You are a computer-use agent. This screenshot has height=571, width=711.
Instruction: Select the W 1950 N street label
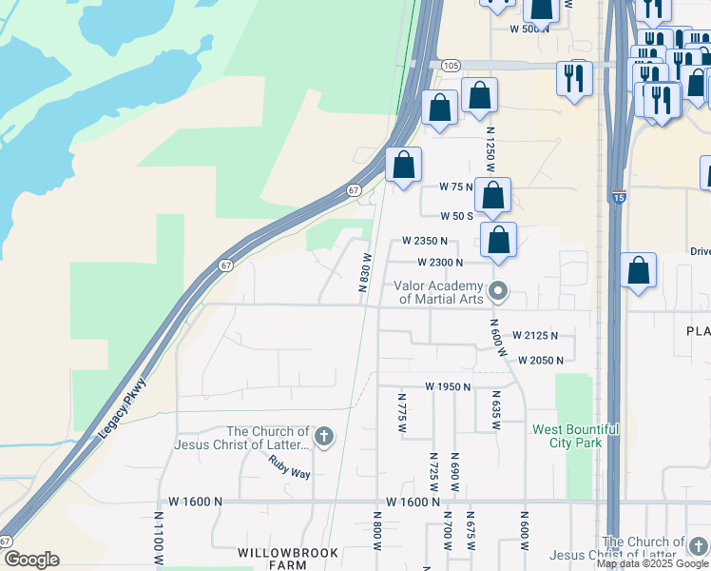(449, 386)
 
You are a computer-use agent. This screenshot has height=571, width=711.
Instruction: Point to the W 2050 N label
(541, 360)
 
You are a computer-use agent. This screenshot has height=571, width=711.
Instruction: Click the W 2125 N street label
(535, 335)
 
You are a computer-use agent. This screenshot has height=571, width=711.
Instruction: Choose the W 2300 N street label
(440, 262)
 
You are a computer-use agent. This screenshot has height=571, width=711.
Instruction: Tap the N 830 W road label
(363, 271)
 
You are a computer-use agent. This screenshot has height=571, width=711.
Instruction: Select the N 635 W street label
(495, 410)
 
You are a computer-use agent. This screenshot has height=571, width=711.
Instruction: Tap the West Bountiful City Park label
(575, 436)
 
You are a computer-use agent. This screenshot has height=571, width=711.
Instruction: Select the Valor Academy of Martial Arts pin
(497, 290)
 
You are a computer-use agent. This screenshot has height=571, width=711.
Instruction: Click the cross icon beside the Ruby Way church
(323, 437)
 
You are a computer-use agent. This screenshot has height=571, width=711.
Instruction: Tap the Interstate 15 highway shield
(619, 198)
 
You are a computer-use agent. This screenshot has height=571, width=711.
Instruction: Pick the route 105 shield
(451, 65)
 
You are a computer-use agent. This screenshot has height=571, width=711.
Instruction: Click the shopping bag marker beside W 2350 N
(499, 242)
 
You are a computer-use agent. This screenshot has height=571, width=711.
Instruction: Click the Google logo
(31, 560)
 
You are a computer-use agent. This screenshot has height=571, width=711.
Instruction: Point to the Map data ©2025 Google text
(651, 563)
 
